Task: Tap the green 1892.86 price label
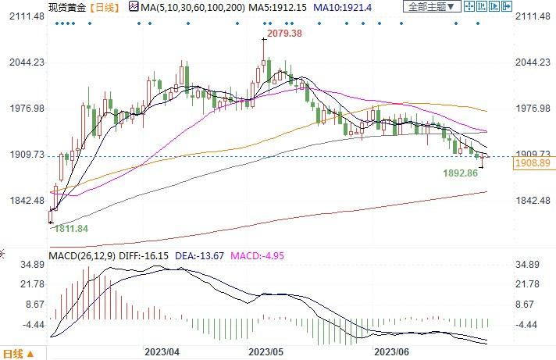[x=460, y=172]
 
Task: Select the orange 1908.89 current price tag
[x=533, y=163]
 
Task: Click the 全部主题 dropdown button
[x=429, y=7]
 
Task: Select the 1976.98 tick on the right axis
[x=534, y=109]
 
